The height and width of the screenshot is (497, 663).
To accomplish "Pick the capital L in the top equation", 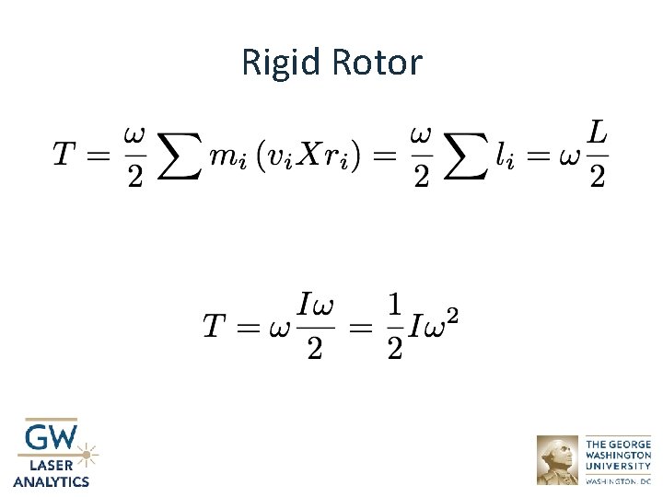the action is pos(597,134).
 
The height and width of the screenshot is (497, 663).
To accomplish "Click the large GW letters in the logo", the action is pos(52,437).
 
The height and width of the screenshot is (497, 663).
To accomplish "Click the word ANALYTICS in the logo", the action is pos(52,480).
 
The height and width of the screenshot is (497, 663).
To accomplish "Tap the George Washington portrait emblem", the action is pos(557,459).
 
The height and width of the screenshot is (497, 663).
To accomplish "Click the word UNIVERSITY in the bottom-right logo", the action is pos(619,466).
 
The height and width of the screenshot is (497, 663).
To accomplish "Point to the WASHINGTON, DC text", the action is pos(618,480).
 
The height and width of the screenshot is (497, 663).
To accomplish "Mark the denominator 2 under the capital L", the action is pos(597,177).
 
